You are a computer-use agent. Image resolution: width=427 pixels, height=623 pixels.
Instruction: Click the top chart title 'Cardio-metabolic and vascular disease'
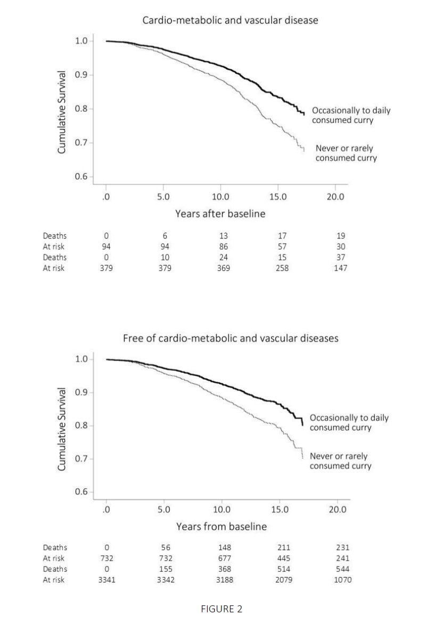pyautogui.click(x=230, y=20)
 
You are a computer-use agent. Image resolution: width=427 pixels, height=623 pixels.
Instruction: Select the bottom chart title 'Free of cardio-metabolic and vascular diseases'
pyautogui.click(x=231, y=338)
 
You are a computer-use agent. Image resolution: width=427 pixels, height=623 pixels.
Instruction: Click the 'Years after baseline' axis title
pyautogui.click(x=220, y=214)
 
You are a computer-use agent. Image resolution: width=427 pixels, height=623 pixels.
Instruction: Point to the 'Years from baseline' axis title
pyautogui.click(x=221, y=527)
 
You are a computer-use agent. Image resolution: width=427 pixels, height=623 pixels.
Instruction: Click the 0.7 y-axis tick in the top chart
pyautogui.click(x=81, y=143)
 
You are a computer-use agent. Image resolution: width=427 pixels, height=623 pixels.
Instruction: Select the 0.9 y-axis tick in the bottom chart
pyautogui.click(x=81, y=392)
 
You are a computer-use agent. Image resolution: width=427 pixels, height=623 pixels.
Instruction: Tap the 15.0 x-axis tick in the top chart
pyautogui.click(x=278, y=196)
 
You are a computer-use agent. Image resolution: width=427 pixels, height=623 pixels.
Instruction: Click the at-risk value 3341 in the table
pyautogui.click(x=106, y=579)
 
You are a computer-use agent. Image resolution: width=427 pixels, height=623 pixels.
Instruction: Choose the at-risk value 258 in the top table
pyautogui.click(x=282, y=268)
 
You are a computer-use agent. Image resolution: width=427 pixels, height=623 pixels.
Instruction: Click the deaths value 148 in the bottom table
pyautogui.click(x=223, y=547)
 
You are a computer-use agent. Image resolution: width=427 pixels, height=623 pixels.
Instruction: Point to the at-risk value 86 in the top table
pyautogui.click(x=223, y=247)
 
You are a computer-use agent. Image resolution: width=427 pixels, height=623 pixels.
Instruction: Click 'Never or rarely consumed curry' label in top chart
pyautogui.click(x=346, y=153)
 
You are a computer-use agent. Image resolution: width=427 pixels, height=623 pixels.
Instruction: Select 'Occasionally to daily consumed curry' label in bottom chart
pyautogui.click(x=349, y=423)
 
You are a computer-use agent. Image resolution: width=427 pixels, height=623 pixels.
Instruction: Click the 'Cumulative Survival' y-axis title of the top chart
pyautogui.click(x=61, y=112)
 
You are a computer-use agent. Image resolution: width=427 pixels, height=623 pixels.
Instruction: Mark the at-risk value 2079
pyautogui.click(x=282, y=579)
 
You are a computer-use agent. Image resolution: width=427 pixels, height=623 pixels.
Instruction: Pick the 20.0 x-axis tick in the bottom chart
pyautogui.click(x=338, y=509)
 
